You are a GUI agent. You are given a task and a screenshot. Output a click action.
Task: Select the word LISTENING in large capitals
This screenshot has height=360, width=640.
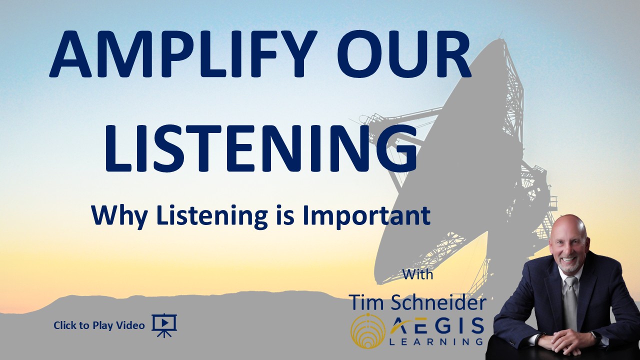click(x=260, y=148)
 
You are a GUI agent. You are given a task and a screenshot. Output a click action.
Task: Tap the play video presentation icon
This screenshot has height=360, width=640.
click(x=164, y=325)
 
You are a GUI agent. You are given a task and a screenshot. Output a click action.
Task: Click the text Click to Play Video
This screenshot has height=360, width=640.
click(x=99, y=325)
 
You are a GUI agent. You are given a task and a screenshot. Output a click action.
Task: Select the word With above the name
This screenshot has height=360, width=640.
click(x=417, y=274)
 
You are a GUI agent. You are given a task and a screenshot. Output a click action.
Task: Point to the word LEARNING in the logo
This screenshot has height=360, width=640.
click(x=436, y=341)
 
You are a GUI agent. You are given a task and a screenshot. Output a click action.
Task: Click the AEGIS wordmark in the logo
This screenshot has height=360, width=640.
click(x=437, y=325)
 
